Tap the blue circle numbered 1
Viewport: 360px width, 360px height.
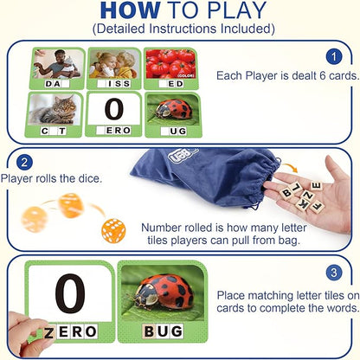[x=334, y=57]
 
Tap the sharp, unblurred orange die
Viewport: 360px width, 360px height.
[x=113, y=231]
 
